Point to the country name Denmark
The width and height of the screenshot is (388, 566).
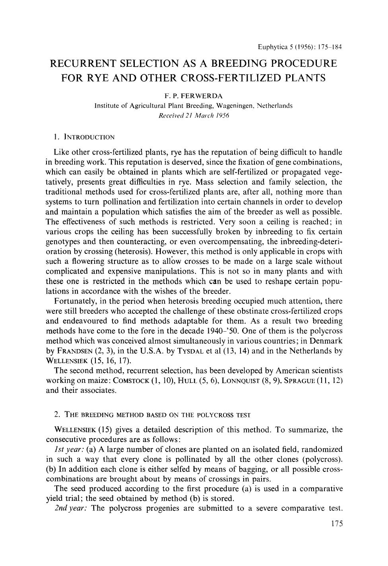pos(322,341)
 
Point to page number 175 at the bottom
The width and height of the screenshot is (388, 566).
pos(336,524)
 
